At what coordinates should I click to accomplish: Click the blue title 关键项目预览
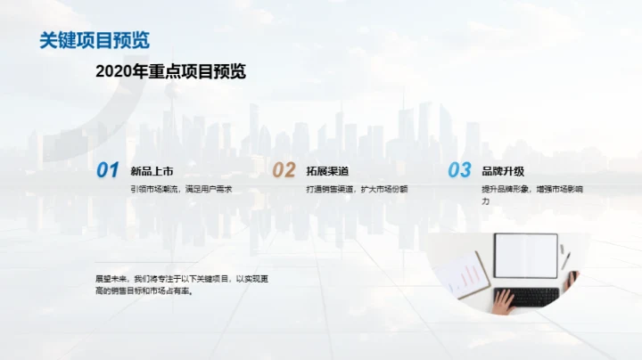[95, 40]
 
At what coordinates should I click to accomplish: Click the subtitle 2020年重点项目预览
[170, 72]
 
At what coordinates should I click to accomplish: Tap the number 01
[108, 169]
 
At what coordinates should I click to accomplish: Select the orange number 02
[284, 169]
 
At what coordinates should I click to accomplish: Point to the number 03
[459, 169]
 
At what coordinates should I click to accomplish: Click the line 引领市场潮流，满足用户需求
[181, 189]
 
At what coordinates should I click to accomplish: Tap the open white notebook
[526, 256]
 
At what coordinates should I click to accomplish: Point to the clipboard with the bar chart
[464, 274]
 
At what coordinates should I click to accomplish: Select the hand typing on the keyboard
[504, 302]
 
